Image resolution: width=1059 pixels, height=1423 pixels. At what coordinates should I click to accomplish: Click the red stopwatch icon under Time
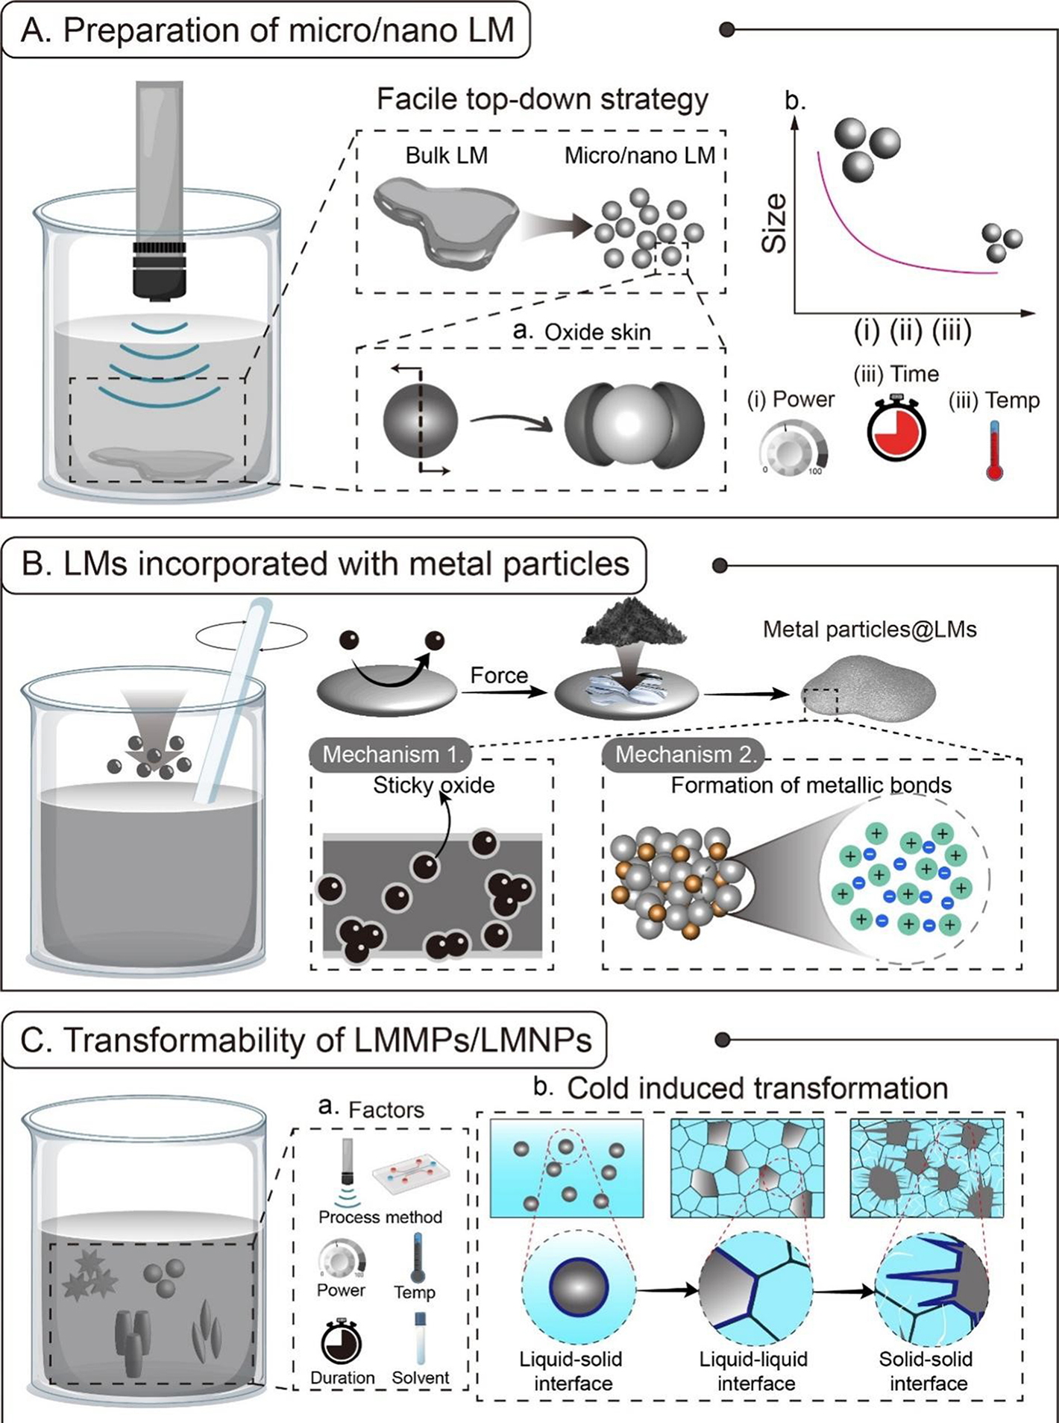896,430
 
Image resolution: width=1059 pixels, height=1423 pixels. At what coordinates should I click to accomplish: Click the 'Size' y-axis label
775,223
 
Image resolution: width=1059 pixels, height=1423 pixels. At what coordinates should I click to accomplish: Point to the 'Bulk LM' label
446,156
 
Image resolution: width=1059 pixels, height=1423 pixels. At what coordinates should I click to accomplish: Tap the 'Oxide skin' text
597,332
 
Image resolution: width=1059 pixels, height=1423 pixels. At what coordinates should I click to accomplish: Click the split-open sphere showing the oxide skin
634,423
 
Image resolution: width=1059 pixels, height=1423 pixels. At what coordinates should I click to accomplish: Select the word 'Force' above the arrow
499,676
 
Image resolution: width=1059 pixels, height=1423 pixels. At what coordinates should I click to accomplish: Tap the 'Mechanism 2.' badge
685,754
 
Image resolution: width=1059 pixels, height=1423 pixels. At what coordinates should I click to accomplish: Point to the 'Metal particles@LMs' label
870,629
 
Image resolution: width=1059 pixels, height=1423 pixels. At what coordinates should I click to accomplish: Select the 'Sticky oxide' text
433,785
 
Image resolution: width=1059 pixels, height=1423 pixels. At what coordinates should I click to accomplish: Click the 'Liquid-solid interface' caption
572,1371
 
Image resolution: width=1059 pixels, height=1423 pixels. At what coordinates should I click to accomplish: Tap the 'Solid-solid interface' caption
927,1371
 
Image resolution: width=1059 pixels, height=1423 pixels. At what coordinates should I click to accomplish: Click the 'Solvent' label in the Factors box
421,1378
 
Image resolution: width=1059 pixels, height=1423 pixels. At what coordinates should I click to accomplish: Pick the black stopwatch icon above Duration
341,1342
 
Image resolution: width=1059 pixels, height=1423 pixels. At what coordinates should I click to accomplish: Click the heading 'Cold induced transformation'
757,1088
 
